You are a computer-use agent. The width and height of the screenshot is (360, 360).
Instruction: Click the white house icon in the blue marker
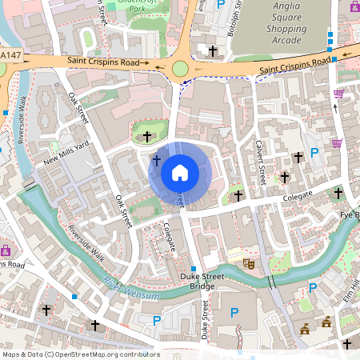coord(180,173)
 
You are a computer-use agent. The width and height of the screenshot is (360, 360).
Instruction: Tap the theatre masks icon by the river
coord(249,262)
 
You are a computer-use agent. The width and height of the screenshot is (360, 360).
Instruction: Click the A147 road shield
coord(8,54)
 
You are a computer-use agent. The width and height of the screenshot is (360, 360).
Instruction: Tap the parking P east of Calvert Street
coord(314,152)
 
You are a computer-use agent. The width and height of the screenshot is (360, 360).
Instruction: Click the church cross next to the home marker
coord(156,162)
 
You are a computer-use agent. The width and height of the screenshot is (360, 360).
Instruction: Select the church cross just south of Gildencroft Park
coord(146,137)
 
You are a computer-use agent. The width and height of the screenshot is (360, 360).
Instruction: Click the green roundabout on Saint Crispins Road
coord(180,70)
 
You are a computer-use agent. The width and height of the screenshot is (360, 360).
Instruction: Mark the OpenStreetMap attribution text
coord(80,354)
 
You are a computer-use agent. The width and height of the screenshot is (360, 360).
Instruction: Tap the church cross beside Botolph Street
coord(212,50)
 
